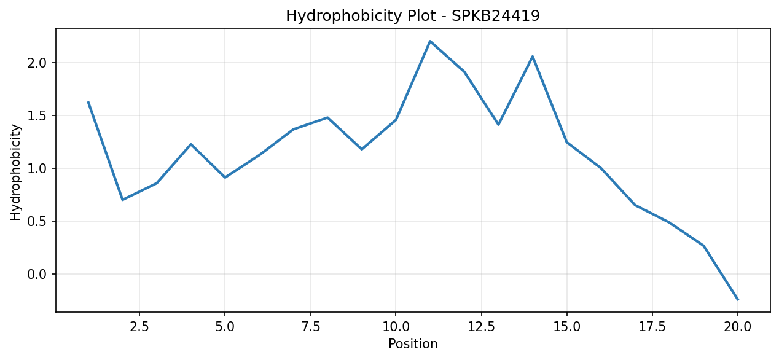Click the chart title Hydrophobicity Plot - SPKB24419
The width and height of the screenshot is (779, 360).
(x=413, y=16)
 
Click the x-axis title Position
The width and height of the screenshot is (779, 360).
(x=413, y=344)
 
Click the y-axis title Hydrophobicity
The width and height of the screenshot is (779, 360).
(x=15, y=172)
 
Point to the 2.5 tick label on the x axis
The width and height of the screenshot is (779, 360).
(x=139, y=327)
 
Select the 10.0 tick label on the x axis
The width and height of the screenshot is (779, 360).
(x=396, y=327)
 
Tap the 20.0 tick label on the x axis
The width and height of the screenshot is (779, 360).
(x=737, y=327)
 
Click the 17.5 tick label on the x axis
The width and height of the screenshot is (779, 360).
(x=652, y=327)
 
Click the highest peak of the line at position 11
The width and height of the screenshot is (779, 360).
(x=430, y=41)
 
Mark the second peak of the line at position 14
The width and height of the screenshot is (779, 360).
(x=533, y=57)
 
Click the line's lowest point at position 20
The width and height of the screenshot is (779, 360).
(x=738, y=299)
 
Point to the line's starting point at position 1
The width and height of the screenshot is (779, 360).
(x=88, y=102)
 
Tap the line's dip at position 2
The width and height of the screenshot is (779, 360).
(x=122, y=200)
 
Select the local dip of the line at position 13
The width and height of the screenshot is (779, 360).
(x=498, y=125)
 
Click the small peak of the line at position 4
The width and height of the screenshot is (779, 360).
(x=191, y=144)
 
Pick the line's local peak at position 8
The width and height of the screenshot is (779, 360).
(x=327, y=117)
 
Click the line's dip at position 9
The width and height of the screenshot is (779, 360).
(x=362, y=149)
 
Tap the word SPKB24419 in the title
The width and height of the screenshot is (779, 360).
(x=496, y=16)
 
